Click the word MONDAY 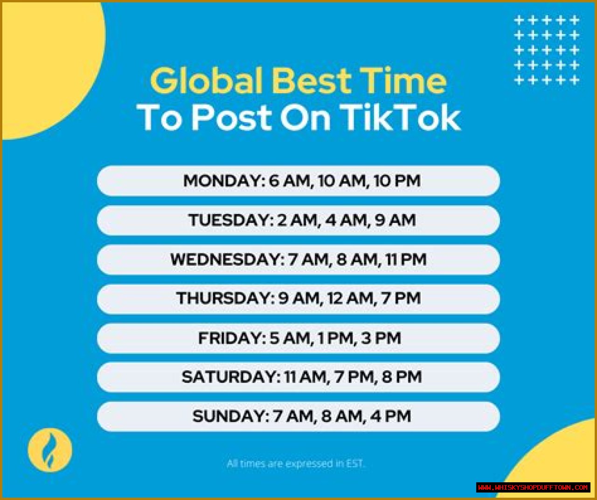tap(224, 181)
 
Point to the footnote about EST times tap(296, 464)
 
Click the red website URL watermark tap(533, 487)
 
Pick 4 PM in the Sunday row tap(390, 416)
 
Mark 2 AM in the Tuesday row tap(298, 220)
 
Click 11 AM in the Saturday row tap(305, 377)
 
